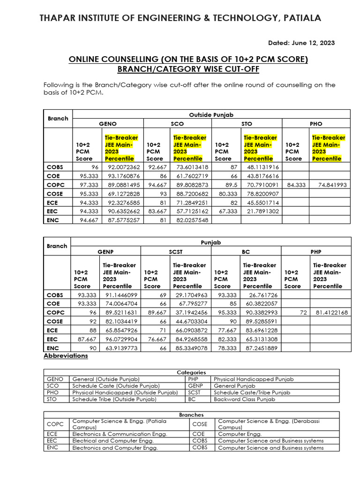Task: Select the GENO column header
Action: pos(107,124)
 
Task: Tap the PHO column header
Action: pos(316,124)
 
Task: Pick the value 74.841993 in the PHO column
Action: pos(332,185)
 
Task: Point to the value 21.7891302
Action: pos(262,211)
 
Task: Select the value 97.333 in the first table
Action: pos(89,185)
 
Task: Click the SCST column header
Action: pos(176,252)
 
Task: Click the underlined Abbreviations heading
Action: pos(66,356)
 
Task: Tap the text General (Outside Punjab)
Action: pos(106,379)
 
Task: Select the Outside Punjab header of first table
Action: pos(211,114)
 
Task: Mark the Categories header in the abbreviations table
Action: pos(191,372)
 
